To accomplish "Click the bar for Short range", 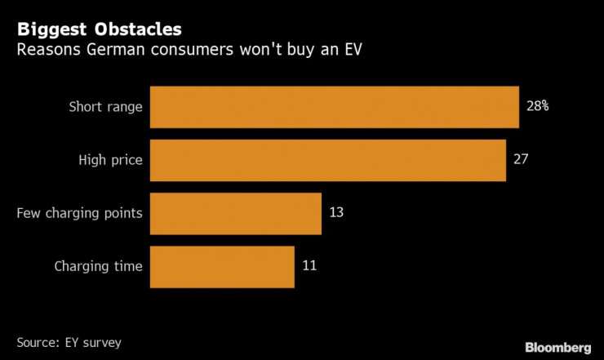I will [x=335, y=107].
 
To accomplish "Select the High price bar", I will [x=328, y=160].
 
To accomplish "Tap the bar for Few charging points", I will [x=236, y=213].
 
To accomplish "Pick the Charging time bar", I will [x=222, y=266].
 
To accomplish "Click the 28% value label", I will [x=537, y=106].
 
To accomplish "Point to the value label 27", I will [x=521, y=158].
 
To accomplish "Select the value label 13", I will [x=336, y=212].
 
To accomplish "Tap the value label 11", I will [x=309, y=265].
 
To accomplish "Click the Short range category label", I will [x=106, y=107].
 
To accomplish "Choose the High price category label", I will [x=111, y=160].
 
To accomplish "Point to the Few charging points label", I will [x=80, y=213].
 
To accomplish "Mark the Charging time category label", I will [x=98, y=266].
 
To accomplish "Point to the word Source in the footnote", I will [x=38, y=340].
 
